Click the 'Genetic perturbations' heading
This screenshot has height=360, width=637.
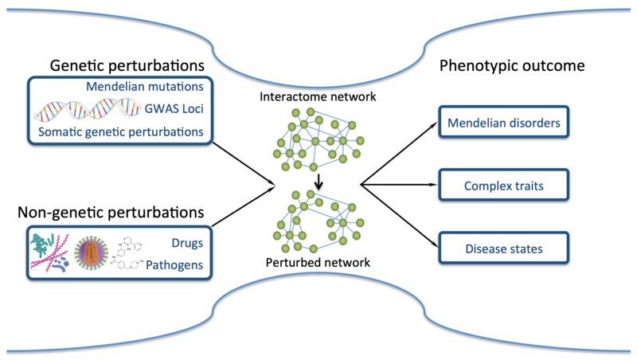tap(127, 65)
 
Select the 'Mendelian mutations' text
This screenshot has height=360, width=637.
tap(145, 87)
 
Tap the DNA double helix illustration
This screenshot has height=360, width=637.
tap(87, 109)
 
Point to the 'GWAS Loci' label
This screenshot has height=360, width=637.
tap(174, 109)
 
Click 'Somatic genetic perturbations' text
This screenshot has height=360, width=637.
tap(121, 131)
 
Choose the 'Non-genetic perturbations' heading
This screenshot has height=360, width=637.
tap(111, 212)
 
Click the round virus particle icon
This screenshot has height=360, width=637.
tap(92, 252)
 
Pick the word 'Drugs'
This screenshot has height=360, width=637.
tap(187, 243)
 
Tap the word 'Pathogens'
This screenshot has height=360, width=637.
tap(174, 265)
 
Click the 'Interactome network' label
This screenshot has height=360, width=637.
tap(318, 96)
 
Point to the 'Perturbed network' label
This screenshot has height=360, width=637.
tap(318, 263)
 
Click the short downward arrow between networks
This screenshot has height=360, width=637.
tap(319, 182)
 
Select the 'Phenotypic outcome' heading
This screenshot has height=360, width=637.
tap(512, 65)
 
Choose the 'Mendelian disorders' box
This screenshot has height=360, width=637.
tap(504, 123)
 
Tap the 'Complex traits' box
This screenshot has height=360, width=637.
tap(504, 186)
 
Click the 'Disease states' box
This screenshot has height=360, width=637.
tap(504, 248)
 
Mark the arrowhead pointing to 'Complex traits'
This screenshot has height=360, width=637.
tap(434, 185)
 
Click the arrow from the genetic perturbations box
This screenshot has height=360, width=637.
tap(244, 164)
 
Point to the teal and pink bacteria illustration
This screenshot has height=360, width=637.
tap(49, 252)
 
